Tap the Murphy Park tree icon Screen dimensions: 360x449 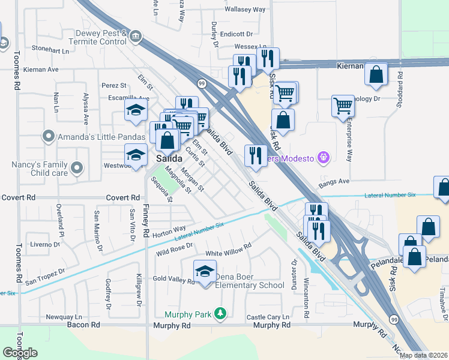coord(221,313)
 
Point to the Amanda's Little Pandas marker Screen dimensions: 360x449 coord(48,137)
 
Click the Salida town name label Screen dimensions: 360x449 coord(169,158)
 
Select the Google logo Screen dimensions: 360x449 coord(20,353)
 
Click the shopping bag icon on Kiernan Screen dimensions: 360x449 coord(376,75)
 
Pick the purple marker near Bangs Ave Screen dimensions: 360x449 coord(324,157)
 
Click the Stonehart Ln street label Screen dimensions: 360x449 coord(53,49)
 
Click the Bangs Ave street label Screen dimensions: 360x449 coord(334,181)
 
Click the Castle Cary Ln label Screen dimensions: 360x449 coord(267,317)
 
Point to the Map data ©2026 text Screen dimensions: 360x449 coord(423,355)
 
